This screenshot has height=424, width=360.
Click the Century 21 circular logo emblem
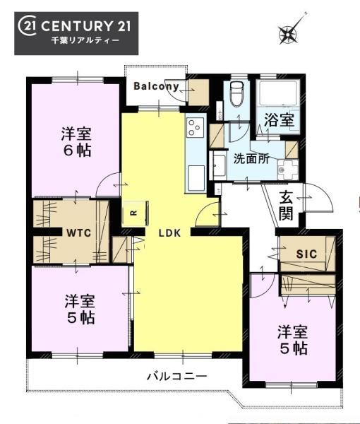click(27, 26)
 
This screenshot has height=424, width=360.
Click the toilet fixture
click(237, 94)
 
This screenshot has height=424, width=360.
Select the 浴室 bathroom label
click(279, 120)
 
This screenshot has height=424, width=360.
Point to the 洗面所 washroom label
click(251, 159)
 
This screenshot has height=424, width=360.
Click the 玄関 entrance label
click(286, 205)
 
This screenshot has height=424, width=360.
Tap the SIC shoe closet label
click(306, 254)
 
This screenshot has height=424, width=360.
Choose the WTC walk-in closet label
click(79, 232)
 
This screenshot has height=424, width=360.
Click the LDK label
click(169, 232)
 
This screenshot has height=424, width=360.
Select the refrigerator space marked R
click(135, 213)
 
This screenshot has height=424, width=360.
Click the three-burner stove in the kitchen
click(196, 127)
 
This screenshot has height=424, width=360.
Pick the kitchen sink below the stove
click(196, 178)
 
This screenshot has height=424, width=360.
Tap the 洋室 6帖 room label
click(76, 142)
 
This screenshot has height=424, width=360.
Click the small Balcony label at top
click(157, 86)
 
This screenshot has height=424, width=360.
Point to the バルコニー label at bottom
click(177, 376)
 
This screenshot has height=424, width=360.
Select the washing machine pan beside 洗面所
click(287, 170)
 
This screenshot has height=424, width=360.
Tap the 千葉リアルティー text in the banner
click(85, 40)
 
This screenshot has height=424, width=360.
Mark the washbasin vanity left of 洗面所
click(218, 165)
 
